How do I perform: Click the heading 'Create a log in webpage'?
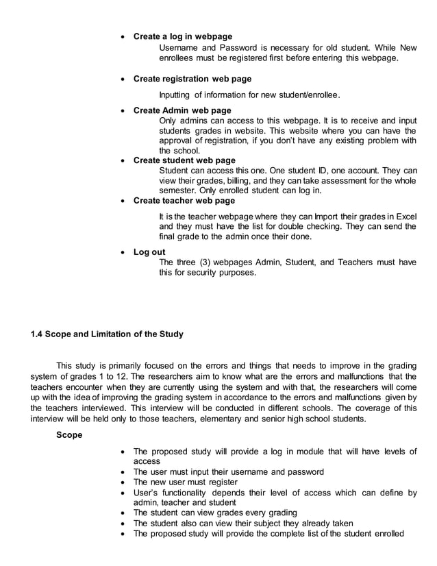coord(182,36)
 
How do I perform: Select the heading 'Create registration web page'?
coord(192,79)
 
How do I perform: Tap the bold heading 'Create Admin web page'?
coord(182,110)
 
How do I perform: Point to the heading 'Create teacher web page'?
coord(184,201)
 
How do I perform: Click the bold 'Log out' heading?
coord(149,252)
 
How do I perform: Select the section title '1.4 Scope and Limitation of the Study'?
coord(107,334)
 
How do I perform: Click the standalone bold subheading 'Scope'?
coord(69,434)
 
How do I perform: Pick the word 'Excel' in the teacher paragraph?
coord(404,216)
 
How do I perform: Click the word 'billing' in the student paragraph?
coord(234,180)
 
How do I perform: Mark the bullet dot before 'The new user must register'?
coord(123,482)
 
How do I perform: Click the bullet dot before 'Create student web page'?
coord(123,160)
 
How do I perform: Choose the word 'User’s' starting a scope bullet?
coord(147,493)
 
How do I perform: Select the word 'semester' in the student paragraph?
coord(177,190)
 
